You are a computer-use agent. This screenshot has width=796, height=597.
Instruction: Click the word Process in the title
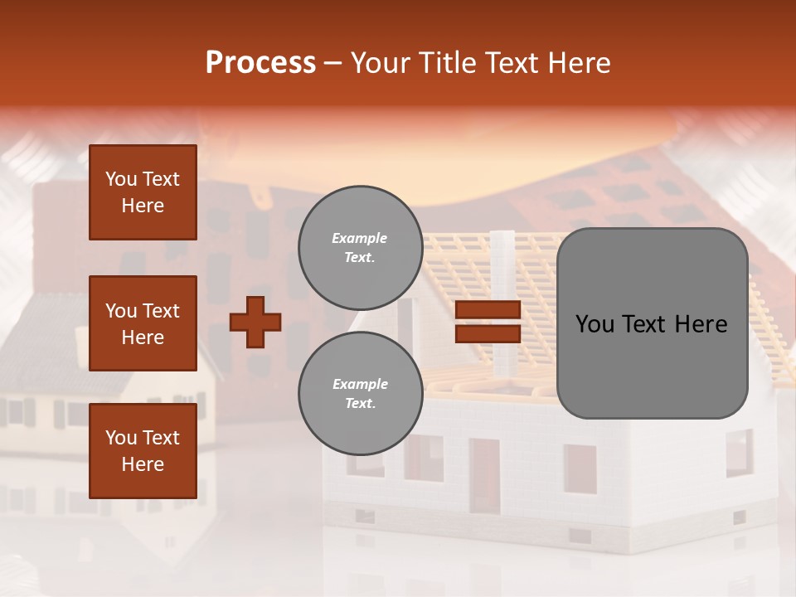tap(260, 63)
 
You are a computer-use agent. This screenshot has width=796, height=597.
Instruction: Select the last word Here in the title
tap(580, 63)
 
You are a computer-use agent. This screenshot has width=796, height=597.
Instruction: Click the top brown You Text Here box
tap(143, 192)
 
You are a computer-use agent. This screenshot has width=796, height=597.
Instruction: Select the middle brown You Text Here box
tap(143, 323)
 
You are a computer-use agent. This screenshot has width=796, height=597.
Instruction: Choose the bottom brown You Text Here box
tap(143, 451)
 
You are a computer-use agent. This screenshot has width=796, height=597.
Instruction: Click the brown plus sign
tap(255, 322)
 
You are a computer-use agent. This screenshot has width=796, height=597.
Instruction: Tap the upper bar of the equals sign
tap(488, 310)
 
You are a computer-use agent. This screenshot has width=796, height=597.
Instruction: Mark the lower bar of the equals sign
tap(488, 333)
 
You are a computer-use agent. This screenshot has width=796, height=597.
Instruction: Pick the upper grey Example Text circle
tap(360, 248)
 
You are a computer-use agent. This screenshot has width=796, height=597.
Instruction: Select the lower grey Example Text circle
tap(360, 394)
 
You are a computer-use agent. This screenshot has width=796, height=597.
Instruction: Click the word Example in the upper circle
tap(360, 238)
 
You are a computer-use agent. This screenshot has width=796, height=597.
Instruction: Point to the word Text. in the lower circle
tap(360, 404)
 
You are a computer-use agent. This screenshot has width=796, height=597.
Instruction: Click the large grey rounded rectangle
tap(652, 323)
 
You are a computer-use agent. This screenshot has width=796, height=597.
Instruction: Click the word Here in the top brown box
tap(143, 206)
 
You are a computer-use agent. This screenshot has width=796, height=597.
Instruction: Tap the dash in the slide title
tap(332, 64)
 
